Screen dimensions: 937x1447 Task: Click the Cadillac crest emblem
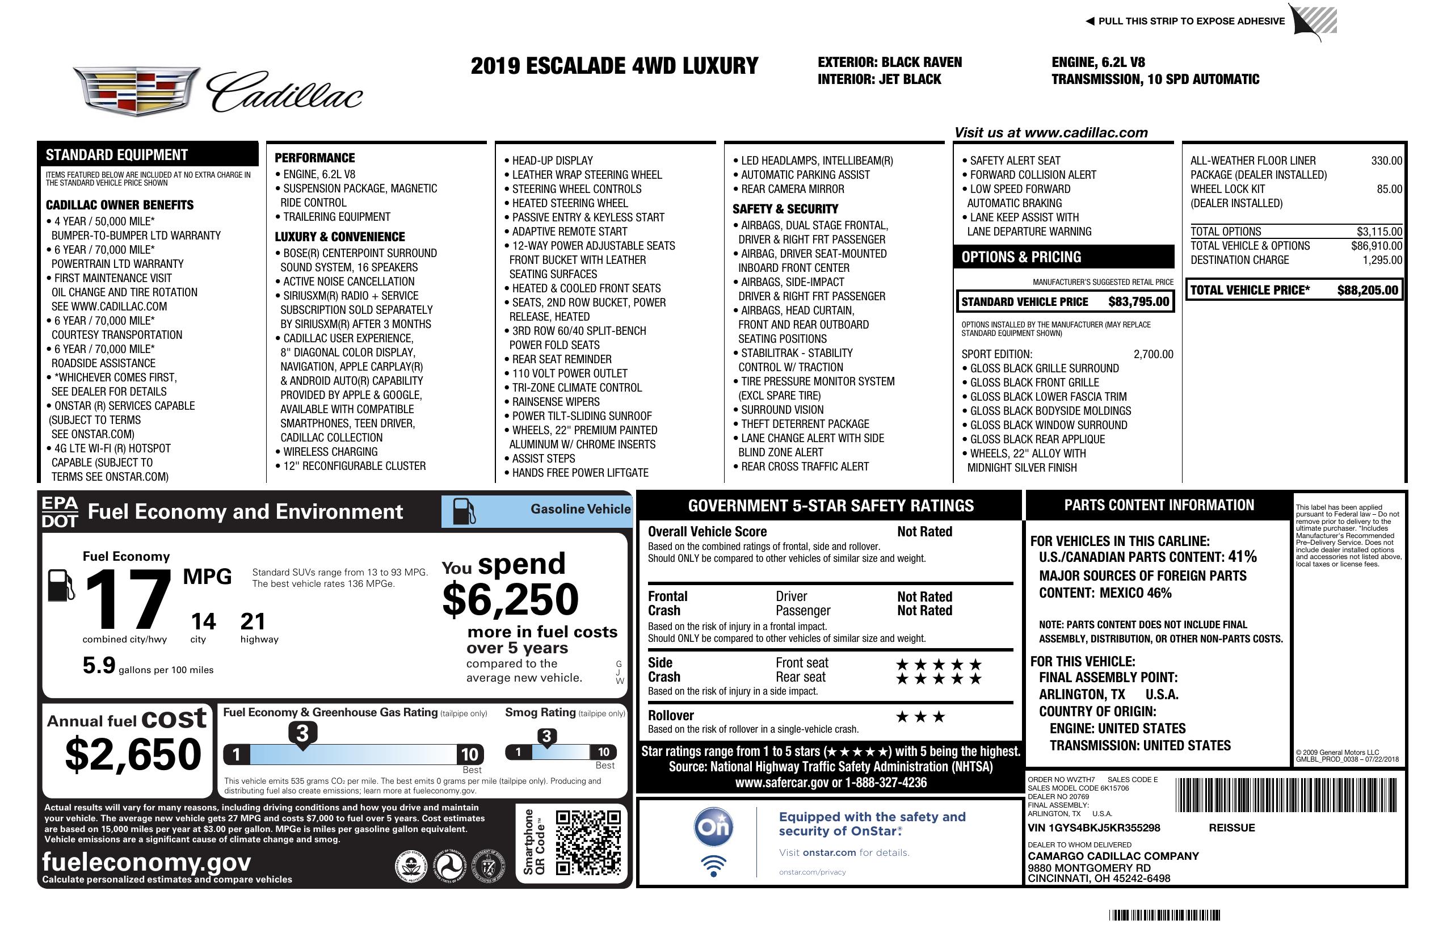pos(136,91)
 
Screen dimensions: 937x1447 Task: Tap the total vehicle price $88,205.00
pos(1368,290)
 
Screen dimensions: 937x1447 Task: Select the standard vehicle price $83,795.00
pos(1138,301)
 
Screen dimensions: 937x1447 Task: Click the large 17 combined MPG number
pos(128,599)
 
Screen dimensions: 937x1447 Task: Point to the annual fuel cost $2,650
pos(133,754)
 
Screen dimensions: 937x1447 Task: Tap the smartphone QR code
pos(588,842)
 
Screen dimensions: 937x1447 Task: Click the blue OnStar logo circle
pos(713,827)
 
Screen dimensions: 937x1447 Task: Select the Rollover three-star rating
pos(920,717)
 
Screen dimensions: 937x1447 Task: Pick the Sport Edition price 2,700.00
pos(1152,355)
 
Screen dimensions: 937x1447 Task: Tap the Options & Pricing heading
pos(1021,257)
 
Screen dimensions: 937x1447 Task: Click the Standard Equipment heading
pos(117,155)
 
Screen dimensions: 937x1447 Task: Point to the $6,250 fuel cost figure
pos(510,599)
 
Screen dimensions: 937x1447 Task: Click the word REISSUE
pos(1231,827)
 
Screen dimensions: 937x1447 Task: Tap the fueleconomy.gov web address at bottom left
pos(146,862)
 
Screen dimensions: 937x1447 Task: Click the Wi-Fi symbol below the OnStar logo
pos(713,865)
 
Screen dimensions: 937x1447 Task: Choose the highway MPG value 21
pos(253,621)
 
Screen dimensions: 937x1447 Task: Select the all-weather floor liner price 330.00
pos(1386,161)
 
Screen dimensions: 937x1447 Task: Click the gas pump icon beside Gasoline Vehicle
pos(464,511)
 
